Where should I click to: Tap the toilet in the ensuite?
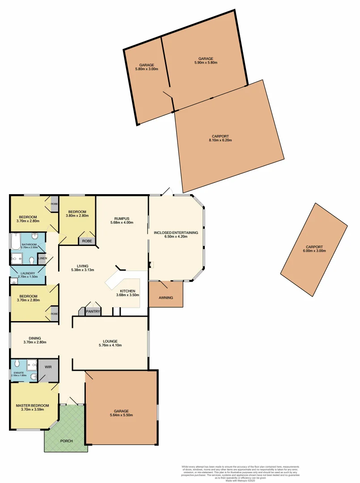[x=17, y=363]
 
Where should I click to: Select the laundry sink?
[x=14, y=281]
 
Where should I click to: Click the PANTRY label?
[x=93, y=311]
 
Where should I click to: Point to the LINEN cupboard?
[x=42, y=258]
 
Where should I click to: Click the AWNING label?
[x=165, y=298]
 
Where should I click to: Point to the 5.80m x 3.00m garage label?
[x=146, y=69]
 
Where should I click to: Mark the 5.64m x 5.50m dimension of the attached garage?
[x=121, y=415]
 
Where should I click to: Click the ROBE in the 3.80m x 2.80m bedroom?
[x=86, y=241]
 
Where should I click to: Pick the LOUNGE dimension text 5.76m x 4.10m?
[x=110, y=345]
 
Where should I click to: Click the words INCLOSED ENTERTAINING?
[x=176, y=233]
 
